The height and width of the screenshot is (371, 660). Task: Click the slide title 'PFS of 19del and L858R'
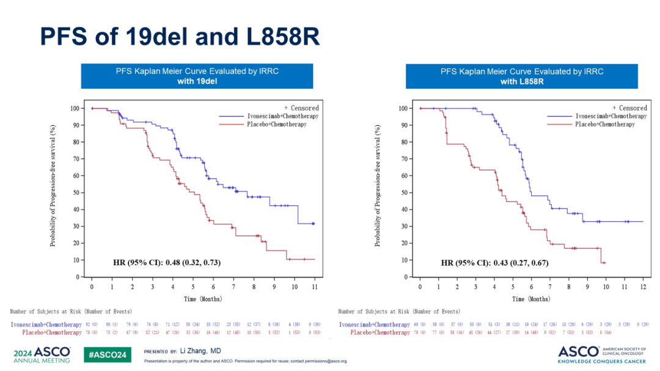click(180, 36)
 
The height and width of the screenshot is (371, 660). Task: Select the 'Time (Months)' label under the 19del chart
click(203, 299)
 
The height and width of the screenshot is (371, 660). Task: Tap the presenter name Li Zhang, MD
click(200, 351)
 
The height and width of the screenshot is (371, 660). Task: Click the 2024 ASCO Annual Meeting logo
click(41, 354)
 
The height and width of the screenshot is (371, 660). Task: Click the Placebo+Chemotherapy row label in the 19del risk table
click(51, 332)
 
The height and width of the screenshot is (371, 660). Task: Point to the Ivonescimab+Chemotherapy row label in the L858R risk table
click(374, 325)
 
